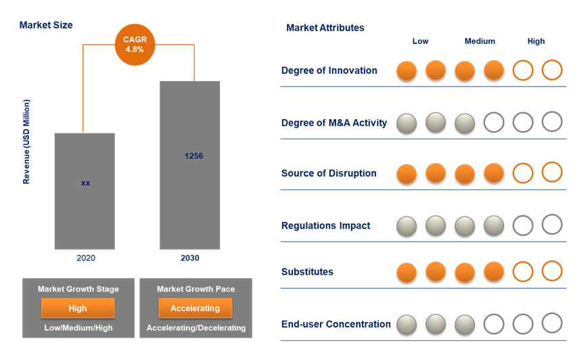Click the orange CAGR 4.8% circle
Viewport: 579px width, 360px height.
(135, 45)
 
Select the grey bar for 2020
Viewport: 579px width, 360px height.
(85, 192)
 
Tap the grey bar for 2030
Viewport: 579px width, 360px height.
(190, 165)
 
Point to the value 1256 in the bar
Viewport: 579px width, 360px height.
(194, 156)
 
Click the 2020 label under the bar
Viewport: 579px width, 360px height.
(86, 258)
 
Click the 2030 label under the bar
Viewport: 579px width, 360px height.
(190, 258)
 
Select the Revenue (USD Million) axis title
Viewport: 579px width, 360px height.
(26, 142)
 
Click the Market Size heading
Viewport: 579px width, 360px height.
(46, 25)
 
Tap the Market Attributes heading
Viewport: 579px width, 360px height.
(325, 28)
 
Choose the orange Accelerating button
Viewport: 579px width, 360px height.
(195, 309)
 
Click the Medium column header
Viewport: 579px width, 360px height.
(480, 41)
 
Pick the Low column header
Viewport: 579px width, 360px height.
(420, 41)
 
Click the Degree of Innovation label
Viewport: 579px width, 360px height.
(329, 70)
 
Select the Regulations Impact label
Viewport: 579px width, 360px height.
(326, 225)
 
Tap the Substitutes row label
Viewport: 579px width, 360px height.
(307, 272)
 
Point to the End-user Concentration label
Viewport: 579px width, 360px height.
(335, 324)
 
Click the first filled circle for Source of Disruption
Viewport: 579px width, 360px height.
(407, 175)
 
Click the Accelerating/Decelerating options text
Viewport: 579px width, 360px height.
(196, 328)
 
